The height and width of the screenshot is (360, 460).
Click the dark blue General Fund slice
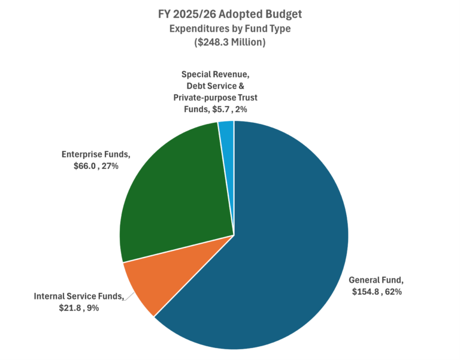coord(282,240)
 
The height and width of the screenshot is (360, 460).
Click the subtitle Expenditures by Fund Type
coord(230,29)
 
